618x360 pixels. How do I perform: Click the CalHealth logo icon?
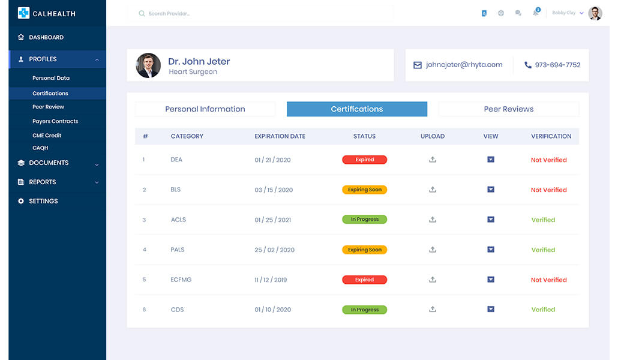pyautogui.click(x=23, y=13)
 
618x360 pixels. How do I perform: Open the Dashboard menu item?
pyautogui.click(x=46, y=37)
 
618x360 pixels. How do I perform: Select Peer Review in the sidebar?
pyautogui.click(x=48, y=107)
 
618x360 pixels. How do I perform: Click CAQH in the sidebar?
pyautogui.click(x=40, y=148)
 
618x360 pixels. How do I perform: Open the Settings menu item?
pyautogui.click(x=43, y=201)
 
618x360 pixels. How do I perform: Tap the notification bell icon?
pyautogui.click(x=535, y=13)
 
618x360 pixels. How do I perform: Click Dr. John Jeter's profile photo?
pyautogui.click(x=148, y=65)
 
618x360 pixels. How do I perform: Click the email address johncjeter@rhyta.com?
pyautogui.click(x=464, y=65)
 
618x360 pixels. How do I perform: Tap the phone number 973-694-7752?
pyautogui.click(x=557, y=65)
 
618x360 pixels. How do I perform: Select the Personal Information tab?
pyautogui.click(x=205, y=109)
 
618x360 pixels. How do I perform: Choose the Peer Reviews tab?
pyautogui.click(x=508, y=109)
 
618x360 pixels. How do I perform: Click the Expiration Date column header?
pyautogui.click(x=280, y=136)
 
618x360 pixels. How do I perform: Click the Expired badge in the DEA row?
pyautogui.click(x=364, y=160)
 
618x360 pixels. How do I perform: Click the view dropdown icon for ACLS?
pyautogui.click(x=491, y=220)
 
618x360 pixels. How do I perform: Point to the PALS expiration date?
pyautogui.click(x=274, y=250)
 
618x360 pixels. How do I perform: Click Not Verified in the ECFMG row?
pyautogui.click(x=548, y=280)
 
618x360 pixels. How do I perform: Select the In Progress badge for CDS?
pyautogui.click(x=364, y=310)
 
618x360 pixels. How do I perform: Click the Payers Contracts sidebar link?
pyautogui.click(x=55, y=121)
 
